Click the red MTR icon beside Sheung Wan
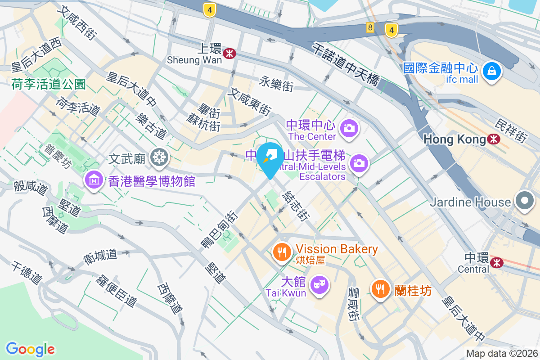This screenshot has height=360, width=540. pos(230,54)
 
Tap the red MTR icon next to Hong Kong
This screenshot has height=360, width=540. pos(494,139)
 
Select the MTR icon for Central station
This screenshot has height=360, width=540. pos(497,262)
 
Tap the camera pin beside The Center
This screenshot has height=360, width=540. pos(349,128)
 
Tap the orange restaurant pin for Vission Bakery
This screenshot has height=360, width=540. pos(282,252)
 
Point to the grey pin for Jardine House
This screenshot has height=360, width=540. pos(525,201)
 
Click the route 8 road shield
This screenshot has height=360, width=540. pos(370,28)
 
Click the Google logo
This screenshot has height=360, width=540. pos(30,349)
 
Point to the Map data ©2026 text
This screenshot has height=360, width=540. pos(501,354)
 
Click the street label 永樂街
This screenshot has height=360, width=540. pos(277,83)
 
